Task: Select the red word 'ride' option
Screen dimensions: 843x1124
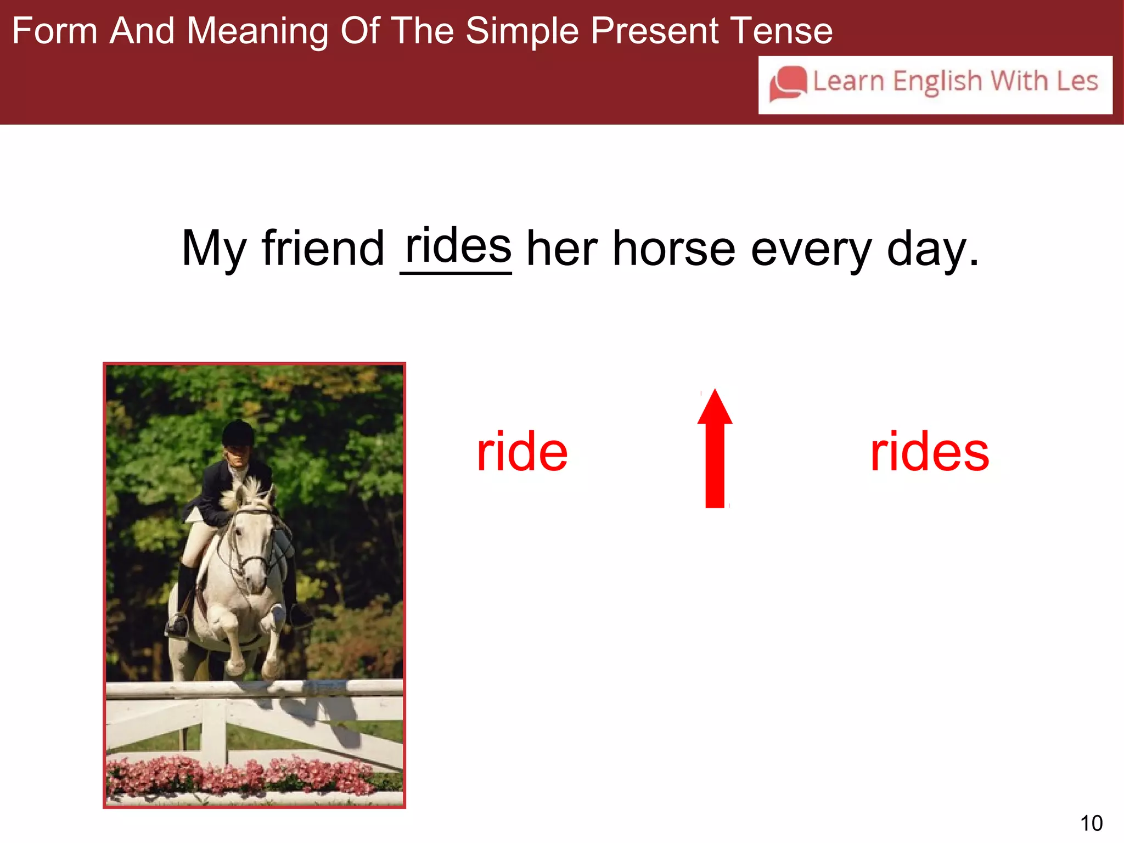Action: pyautogui.click(x=522, y=452)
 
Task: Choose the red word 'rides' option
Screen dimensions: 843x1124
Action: pyautogui.click(x=930, y=452)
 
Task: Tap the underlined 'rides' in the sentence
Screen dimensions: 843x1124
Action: pyautogui.click(x=457, y=247)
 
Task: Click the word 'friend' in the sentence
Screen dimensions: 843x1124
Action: pyautogui.click(x=323, y=249)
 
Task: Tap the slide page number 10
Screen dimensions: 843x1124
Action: pyautogui.click(x=1091, y=823)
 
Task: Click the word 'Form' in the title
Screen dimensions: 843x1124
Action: pyautogui.click(x=54, y=31)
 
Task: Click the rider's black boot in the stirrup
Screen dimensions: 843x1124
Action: pyautogui.click(x=178, y=623)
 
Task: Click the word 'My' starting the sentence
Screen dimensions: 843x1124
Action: pyautogui.click(x=213, y=250)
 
